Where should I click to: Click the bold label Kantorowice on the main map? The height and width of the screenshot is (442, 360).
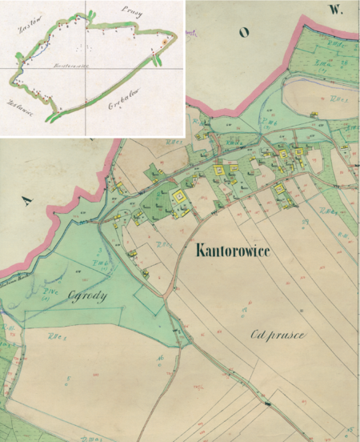tap(242, 251)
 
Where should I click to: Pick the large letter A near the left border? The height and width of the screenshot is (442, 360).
tap(30, 202)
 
